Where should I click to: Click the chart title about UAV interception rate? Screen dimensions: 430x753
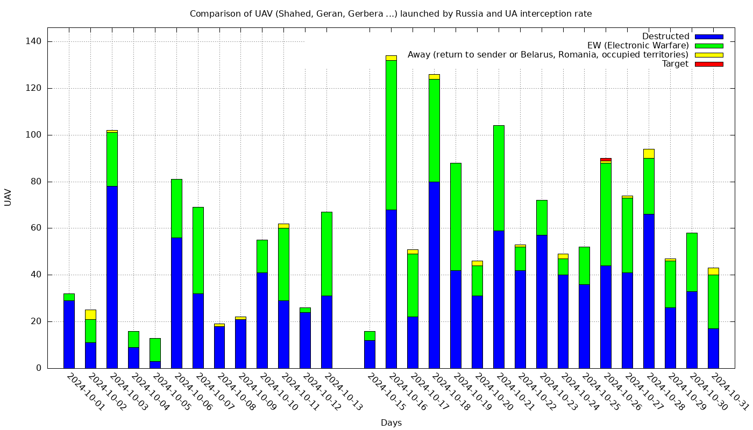[390, 13]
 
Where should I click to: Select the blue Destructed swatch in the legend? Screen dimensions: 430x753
[708, 37]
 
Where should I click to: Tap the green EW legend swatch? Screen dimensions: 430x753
[708, 46]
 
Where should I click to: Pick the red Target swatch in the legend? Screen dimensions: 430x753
[708, 64]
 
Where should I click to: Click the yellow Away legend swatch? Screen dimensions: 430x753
[708, 55]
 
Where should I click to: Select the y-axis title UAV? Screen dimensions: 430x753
[8, 197]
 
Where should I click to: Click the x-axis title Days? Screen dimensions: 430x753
[391, 422]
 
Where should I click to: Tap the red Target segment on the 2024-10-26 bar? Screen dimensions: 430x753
[606, 160]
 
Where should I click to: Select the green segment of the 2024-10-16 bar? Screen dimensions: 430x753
[391, 135]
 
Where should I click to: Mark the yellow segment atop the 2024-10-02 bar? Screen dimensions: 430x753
[90, 314]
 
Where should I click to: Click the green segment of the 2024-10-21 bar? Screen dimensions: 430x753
[499, 178]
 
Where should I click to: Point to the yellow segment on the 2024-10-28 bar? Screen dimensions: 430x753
[649, 154]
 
